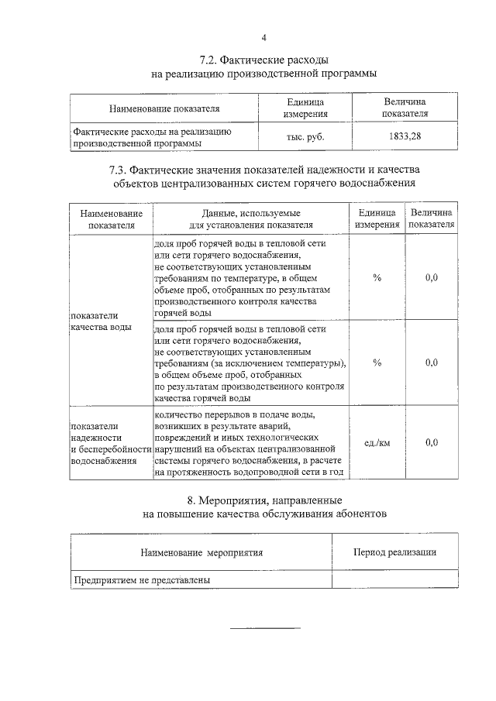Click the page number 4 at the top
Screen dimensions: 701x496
[x=263, y=37]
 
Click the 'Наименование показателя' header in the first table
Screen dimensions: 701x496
[x=164, y=108]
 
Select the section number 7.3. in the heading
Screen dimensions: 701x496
[x=121, y=170]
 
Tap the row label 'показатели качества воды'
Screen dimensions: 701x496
[x=101, y=321]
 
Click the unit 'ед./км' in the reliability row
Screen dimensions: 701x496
[x=377, y=442]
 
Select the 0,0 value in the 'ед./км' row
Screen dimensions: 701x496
[x=432, y=442]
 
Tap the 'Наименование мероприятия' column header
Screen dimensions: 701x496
[x=201, y=552]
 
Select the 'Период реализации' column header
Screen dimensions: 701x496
[x=394, y=552]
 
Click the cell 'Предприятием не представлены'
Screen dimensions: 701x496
[x=142, y=579]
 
